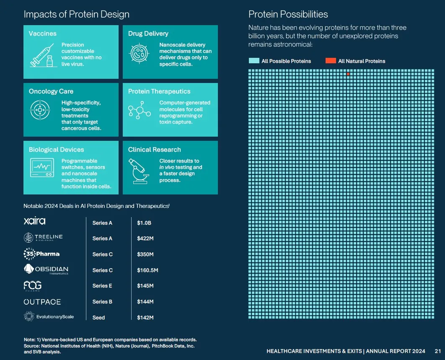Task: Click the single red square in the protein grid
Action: pyautogui.click(x=348, y=74)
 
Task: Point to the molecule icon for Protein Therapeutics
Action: pyautogui.click(x=139, y=112)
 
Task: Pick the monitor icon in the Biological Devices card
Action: pyautogui.click(x=42, y=168)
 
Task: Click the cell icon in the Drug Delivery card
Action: pyautogui.click(x=139, y=54)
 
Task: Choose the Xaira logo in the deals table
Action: pyautogui.click(x=35, y=221)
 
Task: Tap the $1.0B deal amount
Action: pyautogui.click(x=144, y=223)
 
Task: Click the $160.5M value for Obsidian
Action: pyautogui.click(x=147, y=270)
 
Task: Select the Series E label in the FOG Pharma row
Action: pyautogui.click(x=103, y=286)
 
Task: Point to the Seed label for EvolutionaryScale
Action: pyautogui.click(x=98, y=318)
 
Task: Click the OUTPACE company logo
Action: pyautogui.click(x=42, y=302)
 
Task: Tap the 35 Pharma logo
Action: pyautogui.click(x=41, y=254)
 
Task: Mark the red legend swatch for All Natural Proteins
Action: pyautogui.click(x=331, y=61)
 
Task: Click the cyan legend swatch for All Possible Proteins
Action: pyautogui.click(x=254, y=61)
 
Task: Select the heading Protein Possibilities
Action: pyautogui.click(x=288, y=15)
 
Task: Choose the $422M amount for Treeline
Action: pyautogui.click(x=145, y=238)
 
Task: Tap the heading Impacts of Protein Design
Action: pyautogui.click(x=76, y=15)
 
